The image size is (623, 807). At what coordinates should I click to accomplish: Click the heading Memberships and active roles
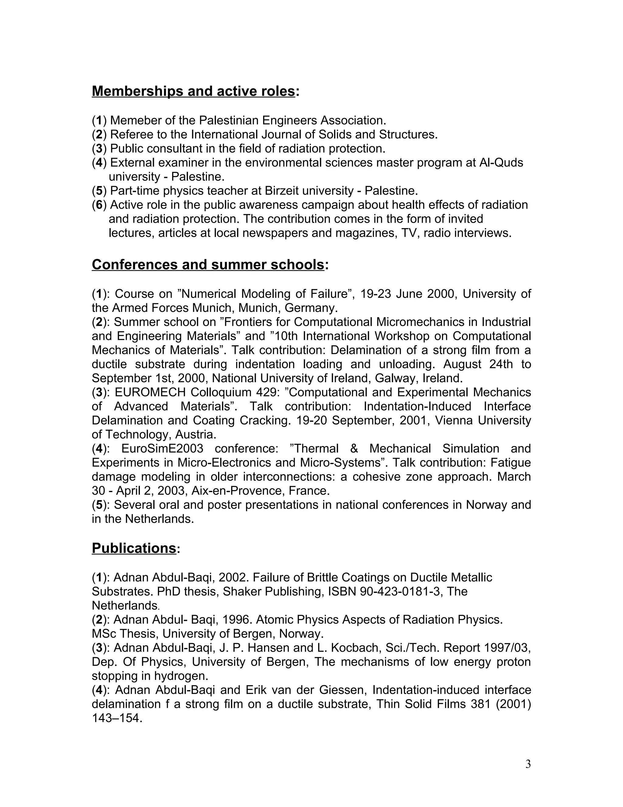(193, 91)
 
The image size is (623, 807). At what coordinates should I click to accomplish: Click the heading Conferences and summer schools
(208, 265)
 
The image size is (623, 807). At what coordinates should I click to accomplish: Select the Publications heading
(134, 548)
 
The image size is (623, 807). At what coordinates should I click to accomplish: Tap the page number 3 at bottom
(528, 764)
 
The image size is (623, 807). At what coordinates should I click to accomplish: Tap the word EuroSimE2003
(162, 448)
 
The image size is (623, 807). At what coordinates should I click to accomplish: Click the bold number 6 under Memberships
(99, 205)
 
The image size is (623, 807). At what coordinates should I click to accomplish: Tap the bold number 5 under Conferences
(99, 505)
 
